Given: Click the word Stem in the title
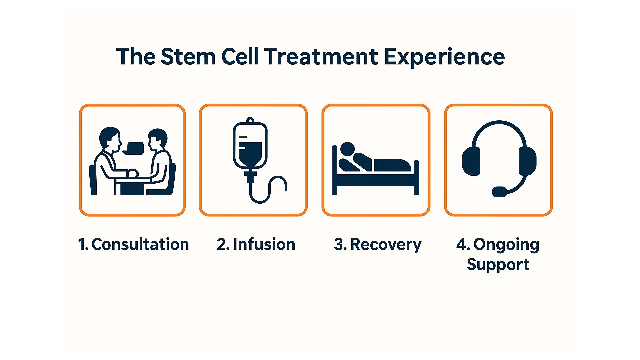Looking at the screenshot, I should click(188, 57).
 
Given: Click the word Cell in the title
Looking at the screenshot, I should click(240, 57).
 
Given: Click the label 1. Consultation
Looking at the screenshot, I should click(133, 244).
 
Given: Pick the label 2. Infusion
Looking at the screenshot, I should click(256, 244).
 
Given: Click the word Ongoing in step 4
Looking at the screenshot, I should click(506, 245).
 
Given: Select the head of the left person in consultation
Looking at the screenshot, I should click(110, 138).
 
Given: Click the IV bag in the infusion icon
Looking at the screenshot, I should click(250, 147).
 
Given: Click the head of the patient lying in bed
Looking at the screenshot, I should click(347, 149).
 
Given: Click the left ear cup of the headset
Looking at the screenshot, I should click(471, 161).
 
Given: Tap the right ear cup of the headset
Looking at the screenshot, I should click(527, 161).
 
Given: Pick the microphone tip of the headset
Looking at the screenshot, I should click(499, 192).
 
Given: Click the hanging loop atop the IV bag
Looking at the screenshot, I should click(250, 120).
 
